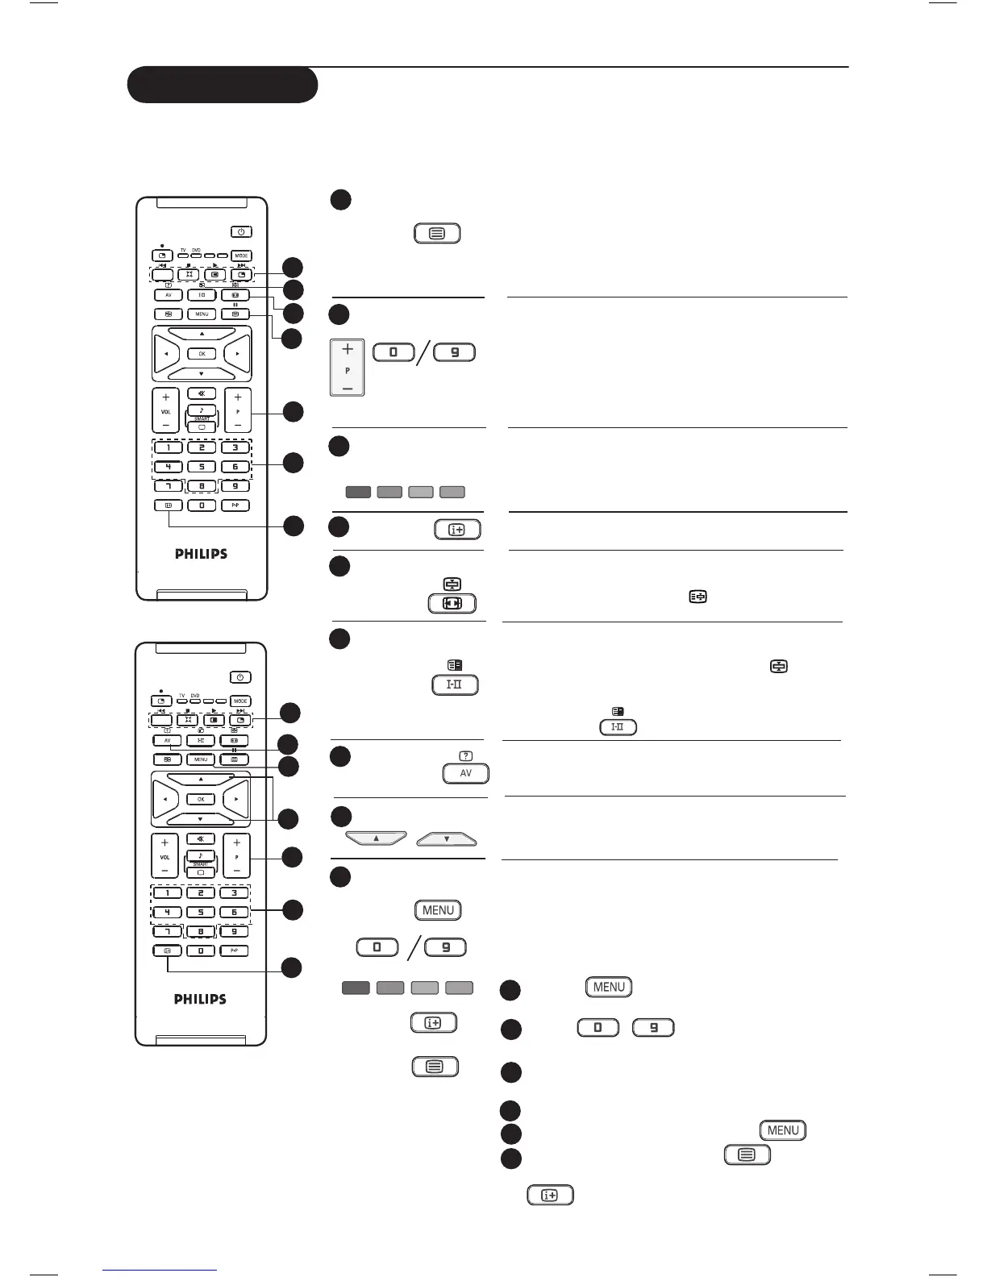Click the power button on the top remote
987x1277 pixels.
pyautogui.click(x=241, y=232)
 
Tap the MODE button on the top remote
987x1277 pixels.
pyautogui.click(x=241, y=256)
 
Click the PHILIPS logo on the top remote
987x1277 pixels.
pyautogui.click(x=201, y=554)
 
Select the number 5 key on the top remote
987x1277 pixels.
pyautogui.click(x=202, y=467)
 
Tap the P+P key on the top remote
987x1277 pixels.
pyautogui.click(x=235, y=505)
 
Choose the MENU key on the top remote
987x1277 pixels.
pyautogui.click(x=202, y=314)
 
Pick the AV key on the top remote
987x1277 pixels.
pyautogui.click(x=168, y=295)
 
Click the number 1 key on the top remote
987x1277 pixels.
pyautogui.click(x=168, y=447)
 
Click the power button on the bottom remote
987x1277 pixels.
pyautogui.click(x=240, y=677)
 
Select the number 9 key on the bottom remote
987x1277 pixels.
pyautogui.click(x=235, y=932)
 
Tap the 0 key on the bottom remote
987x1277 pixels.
pyautogui.click(x=201, y=951)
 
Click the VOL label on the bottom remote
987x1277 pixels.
pyautogui.click(x=164, y=857)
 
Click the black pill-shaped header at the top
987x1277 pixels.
pyautogui.click(x=223, y=85)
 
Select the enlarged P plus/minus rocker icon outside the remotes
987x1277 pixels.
pyautogui.click(x=348, y=368)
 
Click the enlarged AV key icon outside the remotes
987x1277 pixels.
pyautogui.click(x=465, y=773)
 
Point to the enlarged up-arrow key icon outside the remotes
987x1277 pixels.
pyautogui.click(x=376, y=839)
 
